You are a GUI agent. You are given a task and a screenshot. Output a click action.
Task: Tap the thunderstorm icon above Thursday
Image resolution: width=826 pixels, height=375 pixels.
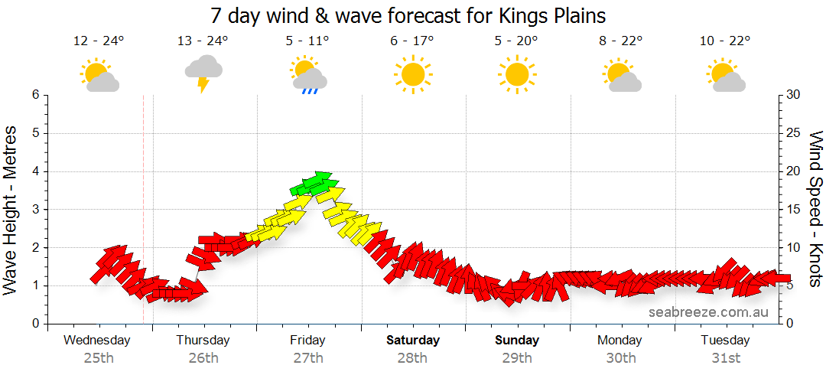203,73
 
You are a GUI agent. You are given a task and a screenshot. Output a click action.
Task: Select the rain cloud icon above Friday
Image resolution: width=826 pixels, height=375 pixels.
308,75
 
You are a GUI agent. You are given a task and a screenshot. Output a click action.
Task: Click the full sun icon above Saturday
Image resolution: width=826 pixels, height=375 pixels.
413,74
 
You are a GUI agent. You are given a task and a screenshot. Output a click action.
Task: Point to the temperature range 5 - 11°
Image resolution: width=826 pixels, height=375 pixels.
307,41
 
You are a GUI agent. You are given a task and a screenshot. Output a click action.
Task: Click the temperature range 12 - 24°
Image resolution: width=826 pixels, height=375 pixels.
99,41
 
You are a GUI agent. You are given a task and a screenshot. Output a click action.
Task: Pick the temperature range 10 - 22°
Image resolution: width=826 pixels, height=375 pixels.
725,41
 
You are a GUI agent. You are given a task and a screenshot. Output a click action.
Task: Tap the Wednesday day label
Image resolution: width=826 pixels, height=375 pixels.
97,341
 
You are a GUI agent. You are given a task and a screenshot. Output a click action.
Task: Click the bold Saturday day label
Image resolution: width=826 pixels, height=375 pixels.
413,341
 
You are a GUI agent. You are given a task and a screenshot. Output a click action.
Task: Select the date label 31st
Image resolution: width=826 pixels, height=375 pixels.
725,357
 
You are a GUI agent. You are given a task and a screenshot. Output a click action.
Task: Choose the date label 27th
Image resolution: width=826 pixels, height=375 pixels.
307,357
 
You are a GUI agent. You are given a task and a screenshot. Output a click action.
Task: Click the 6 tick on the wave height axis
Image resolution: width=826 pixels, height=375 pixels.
35,95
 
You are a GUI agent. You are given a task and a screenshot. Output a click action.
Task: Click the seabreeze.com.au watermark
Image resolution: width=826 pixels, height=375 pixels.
708,311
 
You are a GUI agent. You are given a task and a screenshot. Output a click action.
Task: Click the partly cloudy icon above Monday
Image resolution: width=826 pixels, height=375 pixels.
621,75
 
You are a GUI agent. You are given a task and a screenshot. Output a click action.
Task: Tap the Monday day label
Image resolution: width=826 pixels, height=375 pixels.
620,341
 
